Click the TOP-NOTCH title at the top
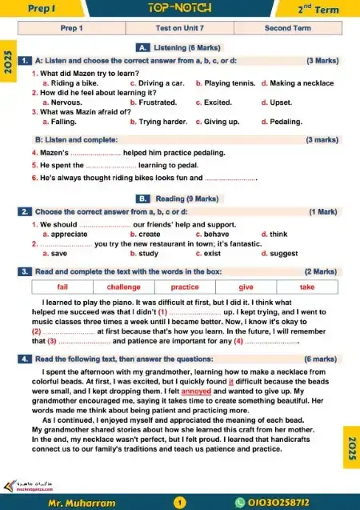(x=180, y=9)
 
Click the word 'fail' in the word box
(x=62, y=287)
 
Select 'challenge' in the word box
(x=123, y=287)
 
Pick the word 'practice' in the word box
(x=185, y=287)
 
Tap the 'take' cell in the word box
(x=307, y=287)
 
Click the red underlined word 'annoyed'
(x=196, y=392)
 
